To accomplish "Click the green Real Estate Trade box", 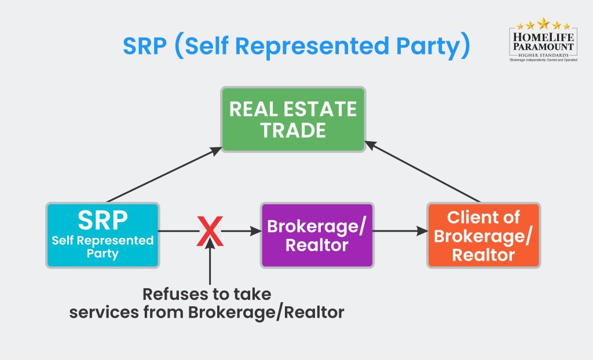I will pos(293,120).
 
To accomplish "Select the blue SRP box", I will pos(103,234).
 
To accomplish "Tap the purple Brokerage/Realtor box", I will pos(316,234).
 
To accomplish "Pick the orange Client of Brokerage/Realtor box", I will pos(484,235).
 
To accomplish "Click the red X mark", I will pos(210,232).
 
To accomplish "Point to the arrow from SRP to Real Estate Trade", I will pos(164,174).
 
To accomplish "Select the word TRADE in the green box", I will pos(293,130).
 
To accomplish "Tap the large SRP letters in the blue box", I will pos(103,221).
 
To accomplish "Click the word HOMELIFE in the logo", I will pos(543,36).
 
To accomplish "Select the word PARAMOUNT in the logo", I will pos(543,46).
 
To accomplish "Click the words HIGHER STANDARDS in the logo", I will pos(543,54).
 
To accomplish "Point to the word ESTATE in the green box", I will pos(324,109).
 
